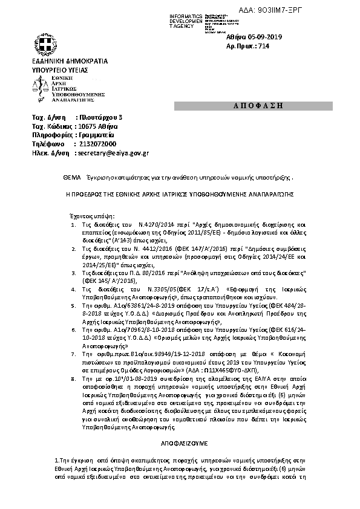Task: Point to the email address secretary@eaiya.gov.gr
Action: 114,154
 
